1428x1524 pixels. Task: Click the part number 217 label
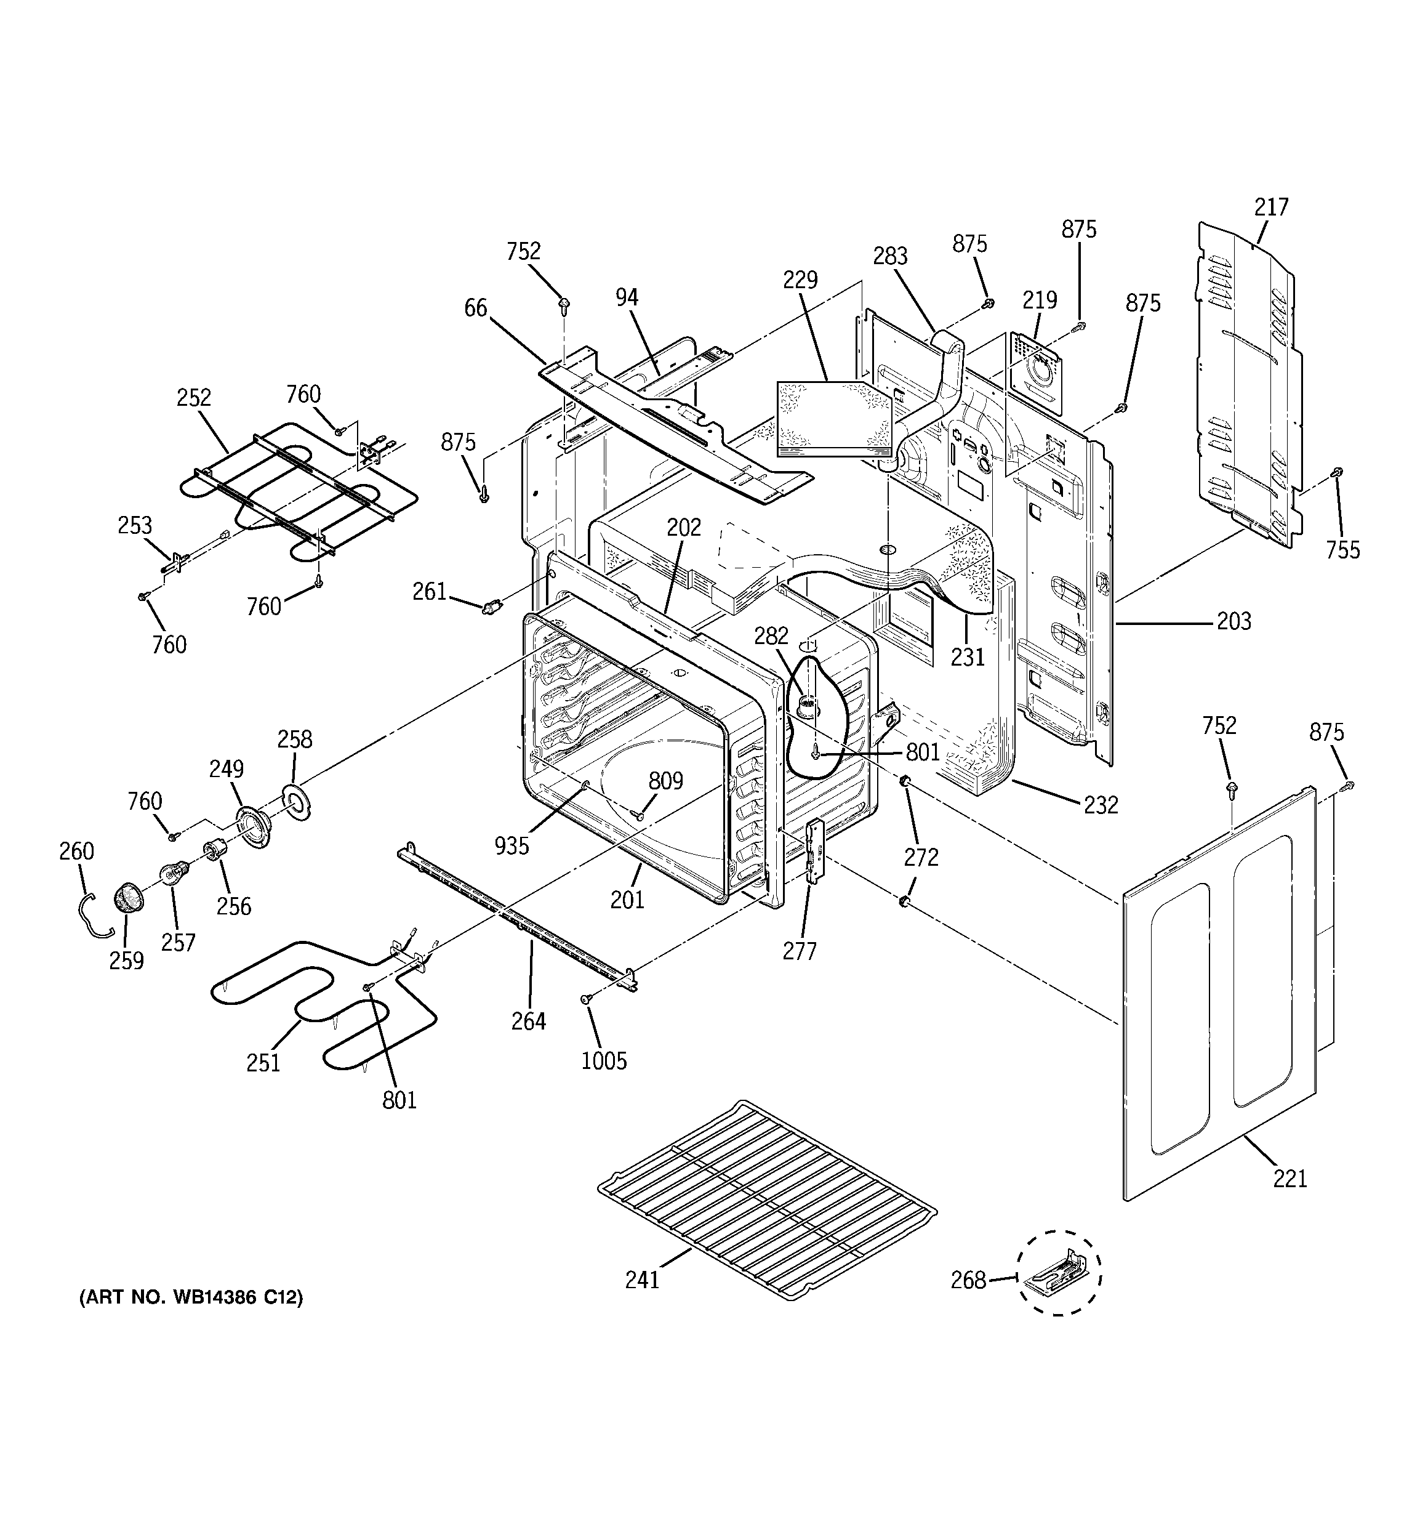point(1271,207)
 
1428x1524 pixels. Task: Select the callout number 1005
point(604,1061)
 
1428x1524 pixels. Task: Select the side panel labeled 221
point(1219,996)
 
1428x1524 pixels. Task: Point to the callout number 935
point(511,845)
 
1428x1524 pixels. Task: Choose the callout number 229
point(800,279)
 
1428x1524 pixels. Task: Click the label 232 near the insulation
point(1101,804)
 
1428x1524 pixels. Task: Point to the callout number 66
point(475,307)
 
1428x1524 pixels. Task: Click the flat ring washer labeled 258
point(295,800)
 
